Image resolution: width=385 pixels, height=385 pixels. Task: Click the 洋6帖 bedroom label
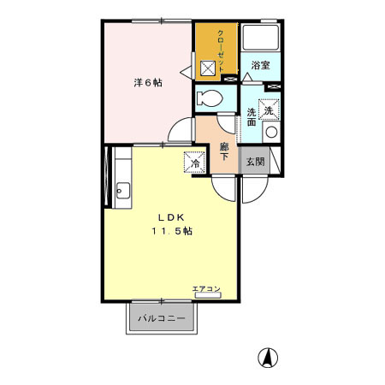(147, 83)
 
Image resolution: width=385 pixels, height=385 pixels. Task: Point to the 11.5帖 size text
(172, 232)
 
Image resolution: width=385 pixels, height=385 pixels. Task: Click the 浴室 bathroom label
(261, 65)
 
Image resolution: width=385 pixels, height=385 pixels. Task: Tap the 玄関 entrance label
(256, 160)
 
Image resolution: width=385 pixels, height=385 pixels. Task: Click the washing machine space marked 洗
(269, 110)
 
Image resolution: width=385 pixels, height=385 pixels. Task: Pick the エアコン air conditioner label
(205, 288)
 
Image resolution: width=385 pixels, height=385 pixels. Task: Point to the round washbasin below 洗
(269, 133)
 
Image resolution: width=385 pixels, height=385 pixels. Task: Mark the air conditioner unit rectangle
(206, 295)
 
